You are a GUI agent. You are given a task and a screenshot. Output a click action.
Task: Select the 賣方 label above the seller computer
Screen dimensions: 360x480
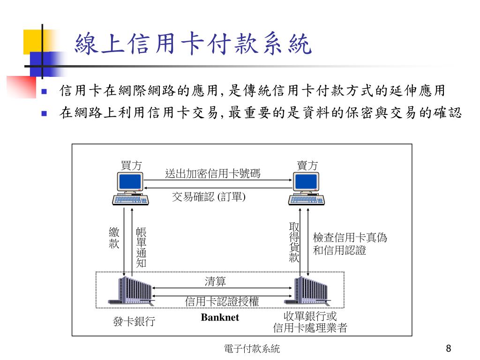[x=307, y=165]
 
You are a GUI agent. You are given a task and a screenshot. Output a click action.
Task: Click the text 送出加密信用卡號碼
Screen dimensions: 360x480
[x=213, y=174]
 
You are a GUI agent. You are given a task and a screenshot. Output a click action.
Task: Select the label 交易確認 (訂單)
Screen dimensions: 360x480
[x=209, y=197]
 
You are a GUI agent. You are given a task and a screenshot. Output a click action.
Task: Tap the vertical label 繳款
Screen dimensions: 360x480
[x=114, y=238]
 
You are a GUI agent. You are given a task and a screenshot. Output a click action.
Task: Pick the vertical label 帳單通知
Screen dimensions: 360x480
[x=141, y=247]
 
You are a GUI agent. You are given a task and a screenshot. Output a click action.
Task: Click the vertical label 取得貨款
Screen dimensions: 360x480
[x=294, y=242]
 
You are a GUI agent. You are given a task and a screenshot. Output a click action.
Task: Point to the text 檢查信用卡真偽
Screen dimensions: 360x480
[x=350, y=238]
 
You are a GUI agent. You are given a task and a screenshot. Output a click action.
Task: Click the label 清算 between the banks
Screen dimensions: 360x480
[x=215, y=282]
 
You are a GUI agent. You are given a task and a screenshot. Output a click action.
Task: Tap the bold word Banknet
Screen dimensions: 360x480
[x=220, y=318]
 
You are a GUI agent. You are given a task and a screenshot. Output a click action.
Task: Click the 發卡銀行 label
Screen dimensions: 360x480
[x=134, y=322]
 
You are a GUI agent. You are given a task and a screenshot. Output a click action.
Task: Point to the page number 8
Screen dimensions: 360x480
[x=449, y=349]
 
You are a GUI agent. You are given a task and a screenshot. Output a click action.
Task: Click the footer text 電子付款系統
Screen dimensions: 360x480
[x=252, y=349]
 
